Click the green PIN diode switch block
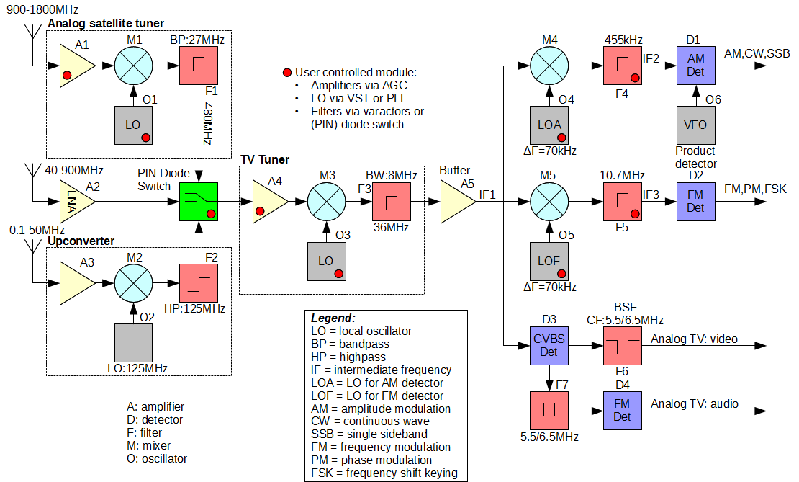pyautogui.click(x=199, y=202)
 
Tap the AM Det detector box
pyautogui.click(x=695, y=66)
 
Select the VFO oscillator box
pyautogui.click(x=695, y=125)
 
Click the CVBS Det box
pyautogui.click(x=549, y=345)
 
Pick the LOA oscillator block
pyautogui.click(x=549, y=125)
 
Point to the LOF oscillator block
pyautogui.click(x=549, y=261)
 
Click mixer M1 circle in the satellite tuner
pyautogui.click(x=133, y=66)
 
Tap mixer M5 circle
pyautogui.click(x=549, y=202)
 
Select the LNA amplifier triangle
pyautogui.click(x=76, y=202)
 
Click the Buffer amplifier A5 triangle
pyautogui.click(x=456, y=202)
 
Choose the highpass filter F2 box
pyautogui.click(x=199, y=283)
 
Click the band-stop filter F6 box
pyautogui.click(x=622, y=345)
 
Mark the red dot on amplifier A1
pyautogui.click(x=67, y=76)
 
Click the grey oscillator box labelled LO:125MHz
pyautogui.click(x=133, y=343)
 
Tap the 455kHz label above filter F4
pyautogui.click(x=623, y=40)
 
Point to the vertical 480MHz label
pyautogui.click(x=207, y=124)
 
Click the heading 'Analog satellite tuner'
pyautogui.click(x=106, y=24)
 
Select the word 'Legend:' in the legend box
pyautogui.click(x=333, y=318)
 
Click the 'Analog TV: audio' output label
pyautogui.click(x=695, y=404)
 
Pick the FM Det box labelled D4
pyautogui.click(x=622, y=411)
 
